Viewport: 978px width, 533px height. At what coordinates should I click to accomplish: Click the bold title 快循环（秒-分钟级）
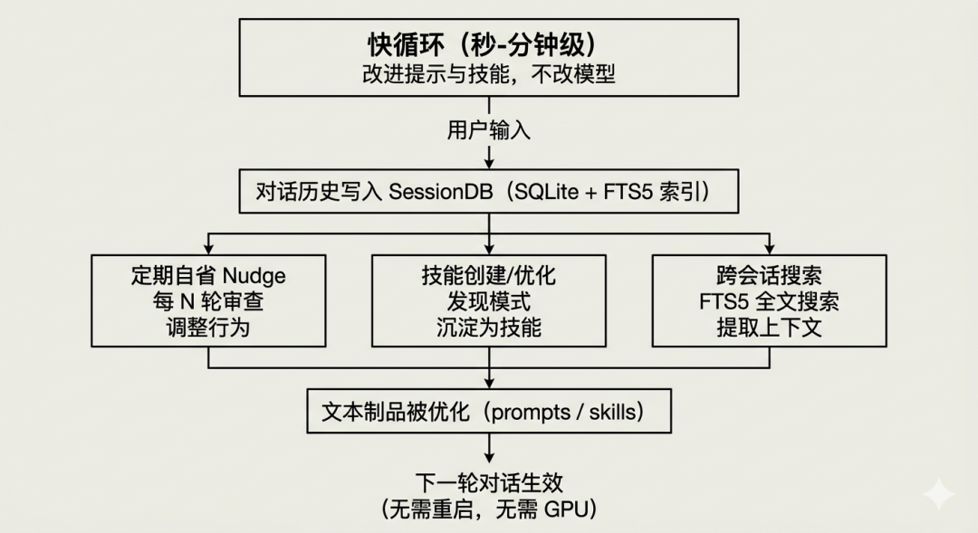(489, 44)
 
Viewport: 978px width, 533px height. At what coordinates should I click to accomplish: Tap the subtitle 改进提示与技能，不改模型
(489, 74)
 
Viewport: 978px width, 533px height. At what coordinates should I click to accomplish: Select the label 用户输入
(489, 130)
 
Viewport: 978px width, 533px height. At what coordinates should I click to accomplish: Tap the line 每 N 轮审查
(208, 301)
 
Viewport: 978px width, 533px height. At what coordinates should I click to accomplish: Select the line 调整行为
(208, 327)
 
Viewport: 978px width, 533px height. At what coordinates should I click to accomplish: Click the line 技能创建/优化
(489, 275)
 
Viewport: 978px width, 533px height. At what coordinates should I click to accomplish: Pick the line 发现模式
(489, 301)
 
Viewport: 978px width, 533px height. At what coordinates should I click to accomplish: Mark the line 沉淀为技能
(489, 327)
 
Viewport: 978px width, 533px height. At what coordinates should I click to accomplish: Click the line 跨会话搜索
(769, 275)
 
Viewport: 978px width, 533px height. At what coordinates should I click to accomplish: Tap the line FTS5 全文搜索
(769, 301)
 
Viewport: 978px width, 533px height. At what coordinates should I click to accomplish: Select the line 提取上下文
(769, 327)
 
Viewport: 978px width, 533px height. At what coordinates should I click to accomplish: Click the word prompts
(530, 413)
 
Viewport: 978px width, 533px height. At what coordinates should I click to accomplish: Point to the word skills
(613, 413)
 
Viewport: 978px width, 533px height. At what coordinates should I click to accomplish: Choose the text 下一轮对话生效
(489, 483)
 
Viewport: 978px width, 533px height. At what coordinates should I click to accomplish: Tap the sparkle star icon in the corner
(939, 495)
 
